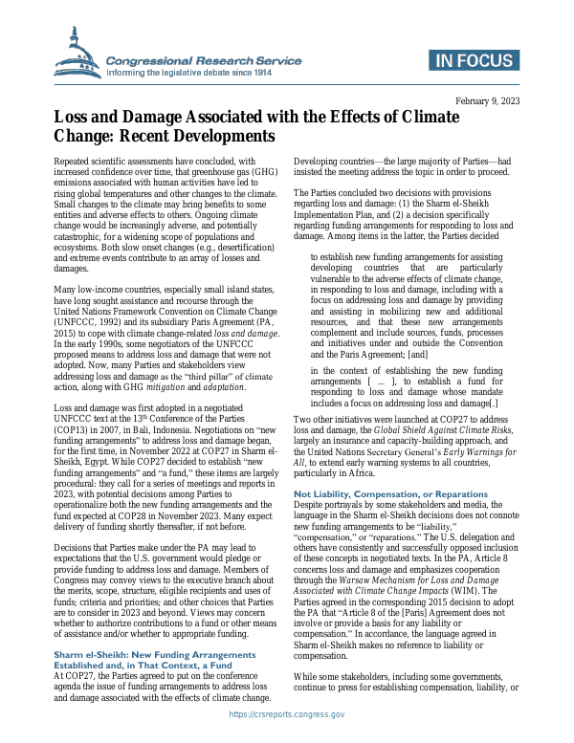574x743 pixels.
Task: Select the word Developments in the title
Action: (217, 137)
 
